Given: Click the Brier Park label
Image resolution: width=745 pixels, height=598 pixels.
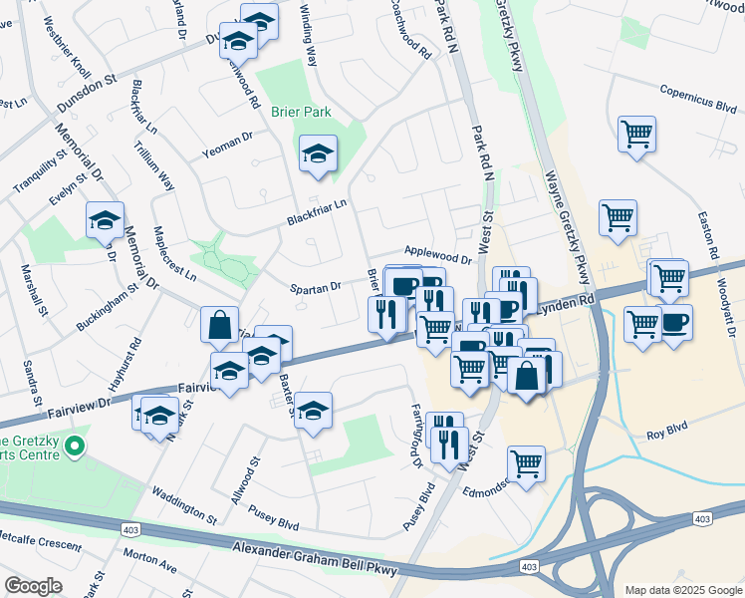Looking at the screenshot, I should [x=301, y=113].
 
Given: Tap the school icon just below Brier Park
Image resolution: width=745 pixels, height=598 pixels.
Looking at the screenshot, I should [x=318, y=153].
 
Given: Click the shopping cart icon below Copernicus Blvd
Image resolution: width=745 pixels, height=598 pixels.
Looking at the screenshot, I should [x=636, y=133].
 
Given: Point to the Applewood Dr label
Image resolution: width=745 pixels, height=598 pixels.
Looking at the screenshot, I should [x=437, y=257].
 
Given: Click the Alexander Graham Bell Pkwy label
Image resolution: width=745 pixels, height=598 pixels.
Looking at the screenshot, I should [x=315, y=560].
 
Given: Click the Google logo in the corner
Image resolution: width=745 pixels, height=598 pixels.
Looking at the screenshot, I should [x=33, y=586].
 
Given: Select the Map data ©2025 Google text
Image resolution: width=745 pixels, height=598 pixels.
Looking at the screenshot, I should [x=682, y=590].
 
